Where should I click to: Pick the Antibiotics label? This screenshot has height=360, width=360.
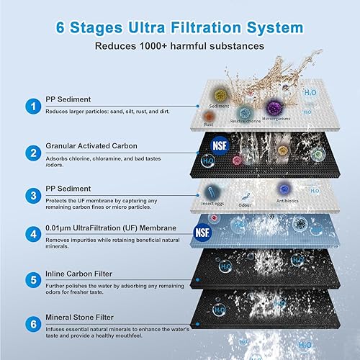pos(289,201)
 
